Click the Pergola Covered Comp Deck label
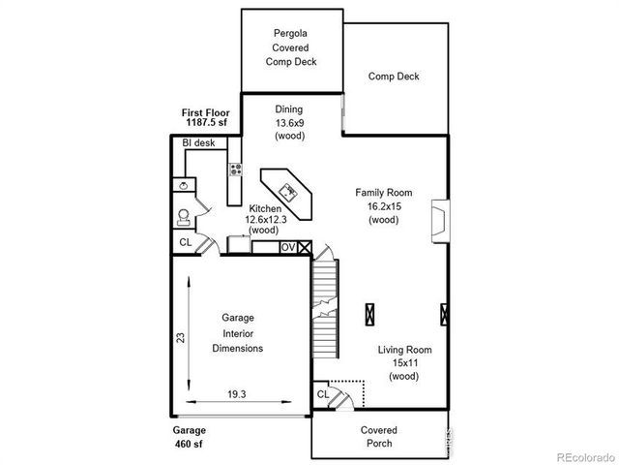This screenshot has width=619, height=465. tap(291, 46)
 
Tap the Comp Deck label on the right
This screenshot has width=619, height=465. tap(394, 77)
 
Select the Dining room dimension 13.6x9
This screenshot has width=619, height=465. tap(289, 123)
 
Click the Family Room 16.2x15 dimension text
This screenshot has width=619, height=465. tap(383, 206)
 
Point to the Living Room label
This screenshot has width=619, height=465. tap(404, 350)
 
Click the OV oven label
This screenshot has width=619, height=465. tap(287, 248)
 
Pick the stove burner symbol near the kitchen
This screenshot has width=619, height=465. tap(234, 170)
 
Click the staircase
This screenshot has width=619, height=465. tap(324, 310)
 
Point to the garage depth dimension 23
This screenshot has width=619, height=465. tap(180, 337)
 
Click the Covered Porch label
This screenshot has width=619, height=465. tap(378, 437)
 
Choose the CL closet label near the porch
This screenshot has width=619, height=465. tap(323, 396)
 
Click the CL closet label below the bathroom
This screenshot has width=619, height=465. tap(185, 243)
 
